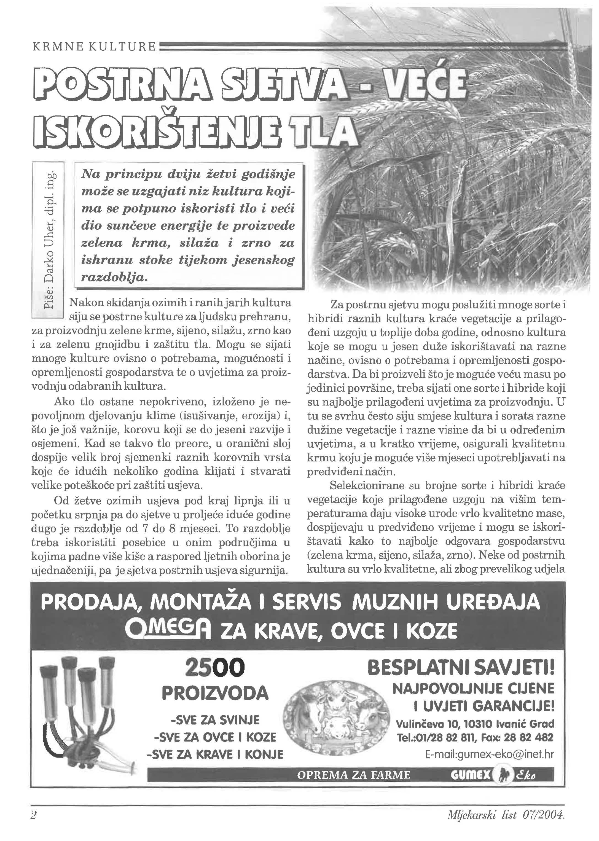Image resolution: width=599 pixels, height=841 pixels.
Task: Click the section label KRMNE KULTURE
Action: point(94,47)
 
